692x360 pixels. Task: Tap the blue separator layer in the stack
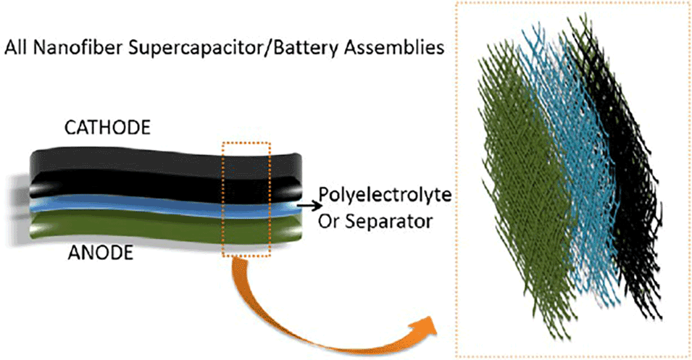(145, 209)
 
